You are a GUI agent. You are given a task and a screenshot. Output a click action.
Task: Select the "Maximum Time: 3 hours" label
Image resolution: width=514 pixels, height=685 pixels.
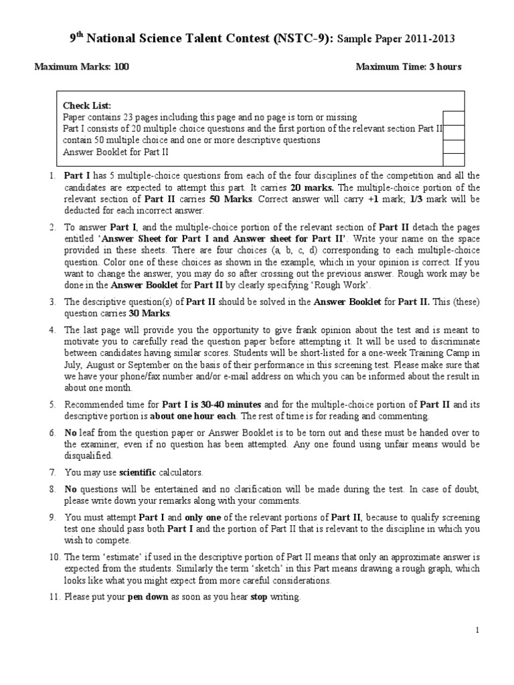[408, 67]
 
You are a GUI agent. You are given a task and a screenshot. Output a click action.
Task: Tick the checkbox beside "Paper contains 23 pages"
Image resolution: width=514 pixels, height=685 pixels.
[453, 117]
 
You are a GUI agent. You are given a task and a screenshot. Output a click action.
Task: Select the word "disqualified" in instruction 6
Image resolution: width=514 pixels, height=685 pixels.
[88, 455]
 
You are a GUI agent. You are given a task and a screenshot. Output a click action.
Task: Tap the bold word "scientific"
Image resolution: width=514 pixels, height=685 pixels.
[138, 472]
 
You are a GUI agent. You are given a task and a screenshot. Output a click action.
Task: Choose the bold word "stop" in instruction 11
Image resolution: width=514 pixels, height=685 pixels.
[258, 597]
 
